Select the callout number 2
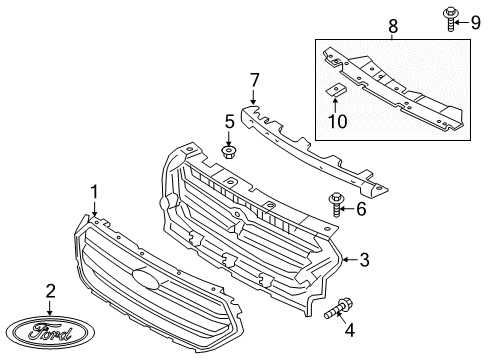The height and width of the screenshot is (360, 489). click(49, 291)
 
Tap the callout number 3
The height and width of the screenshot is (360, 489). click(365, 261)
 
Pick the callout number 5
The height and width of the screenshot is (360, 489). click(228, 124)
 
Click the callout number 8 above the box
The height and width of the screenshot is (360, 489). click(392, 22)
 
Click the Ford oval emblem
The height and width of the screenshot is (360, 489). click(49, 331)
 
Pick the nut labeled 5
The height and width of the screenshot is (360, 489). click(227, 152)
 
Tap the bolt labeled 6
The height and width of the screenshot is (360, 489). click(336, 205)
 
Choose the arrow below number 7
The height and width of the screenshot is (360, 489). click(254, 98)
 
